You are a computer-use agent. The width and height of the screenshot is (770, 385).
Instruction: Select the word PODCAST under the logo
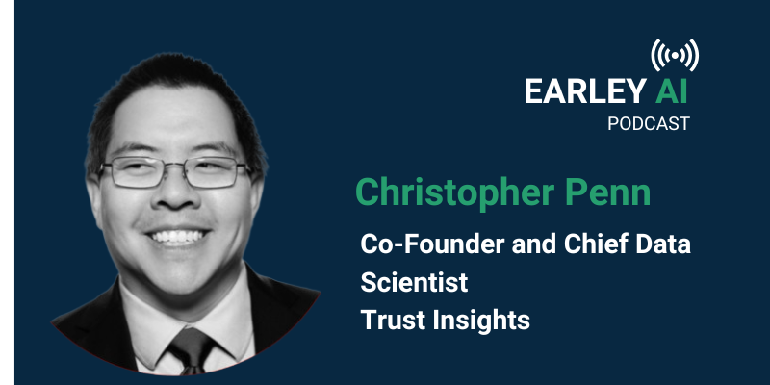click(649, 123)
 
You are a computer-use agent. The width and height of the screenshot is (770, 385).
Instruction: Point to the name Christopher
click(455, 192)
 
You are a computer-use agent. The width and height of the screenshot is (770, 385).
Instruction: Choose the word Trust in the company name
click(390, 321)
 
